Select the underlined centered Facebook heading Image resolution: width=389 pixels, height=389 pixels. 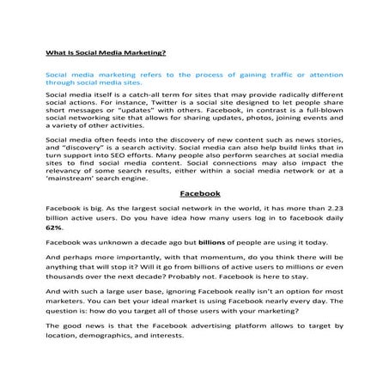pos(194,193)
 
